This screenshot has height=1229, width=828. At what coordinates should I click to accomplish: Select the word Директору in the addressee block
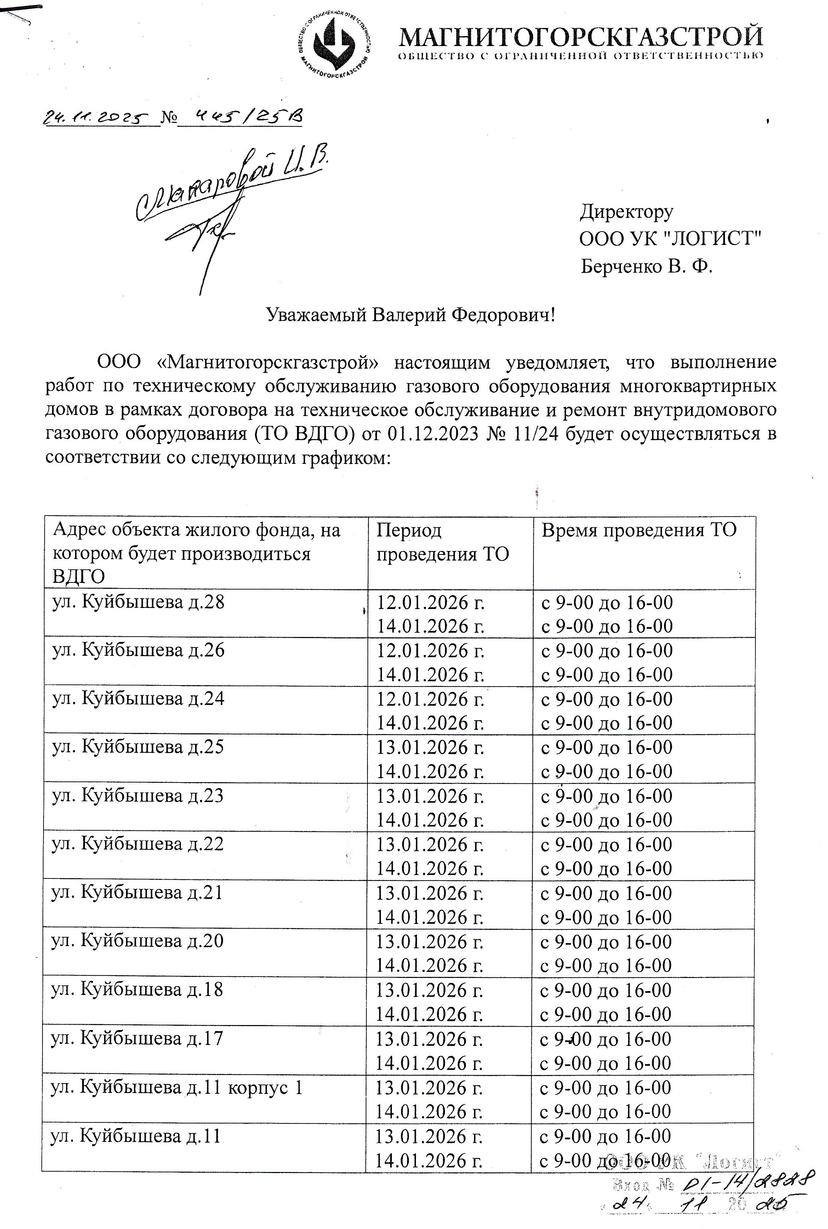pyautogui.click(x=626, y=211)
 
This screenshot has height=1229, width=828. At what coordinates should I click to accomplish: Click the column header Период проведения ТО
pyautogui.click(x=442, y=542)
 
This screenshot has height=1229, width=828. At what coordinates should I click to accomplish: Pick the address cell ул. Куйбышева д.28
pyautogui.click(x=138, y=602)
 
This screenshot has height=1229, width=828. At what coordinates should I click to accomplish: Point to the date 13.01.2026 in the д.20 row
pyautogui.click(x=429, y=942)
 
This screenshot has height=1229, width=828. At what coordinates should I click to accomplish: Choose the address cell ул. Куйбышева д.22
pyautogui.click(x=137, y=844)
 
